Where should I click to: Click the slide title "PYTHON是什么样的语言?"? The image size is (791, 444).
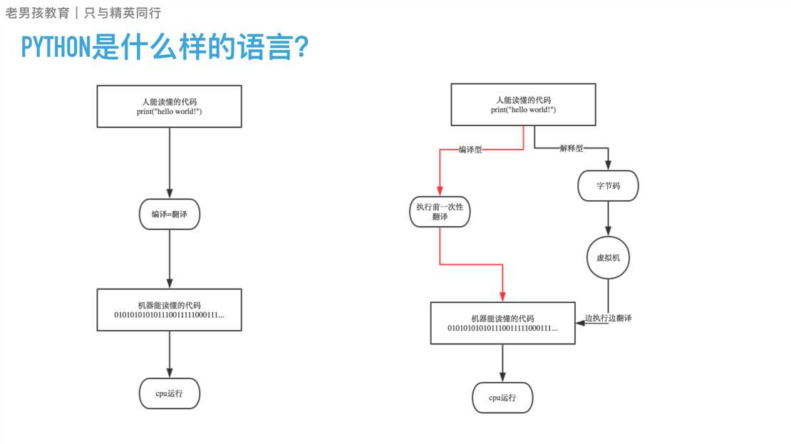[164, 48]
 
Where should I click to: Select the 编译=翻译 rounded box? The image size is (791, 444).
[169, 214]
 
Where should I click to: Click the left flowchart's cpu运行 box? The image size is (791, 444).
[169, 393]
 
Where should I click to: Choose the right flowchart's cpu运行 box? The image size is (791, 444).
[502, 398]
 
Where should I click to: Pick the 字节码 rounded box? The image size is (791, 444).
[608, 186]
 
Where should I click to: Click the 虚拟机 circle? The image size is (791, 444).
[608, 258]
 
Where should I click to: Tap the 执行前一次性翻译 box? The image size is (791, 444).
[440, 212]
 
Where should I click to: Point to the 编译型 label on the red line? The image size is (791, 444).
[470, 150]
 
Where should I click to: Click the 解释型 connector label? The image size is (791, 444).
[570, 148]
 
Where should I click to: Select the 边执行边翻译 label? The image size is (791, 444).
[609, 318]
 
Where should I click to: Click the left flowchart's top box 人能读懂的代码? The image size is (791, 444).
[170, 107]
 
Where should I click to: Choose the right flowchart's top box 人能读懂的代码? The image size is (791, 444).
[523, 105]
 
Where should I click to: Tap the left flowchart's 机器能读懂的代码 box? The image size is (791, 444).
[169, 310]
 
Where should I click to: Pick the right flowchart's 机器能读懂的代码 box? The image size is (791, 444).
[502, 323]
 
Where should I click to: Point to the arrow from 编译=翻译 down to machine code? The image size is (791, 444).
[169, 258]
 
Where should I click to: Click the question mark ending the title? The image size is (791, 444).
[301, 48]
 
